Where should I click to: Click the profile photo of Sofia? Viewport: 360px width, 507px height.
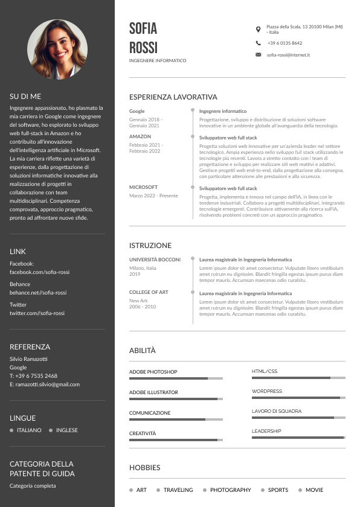tap(57, 49)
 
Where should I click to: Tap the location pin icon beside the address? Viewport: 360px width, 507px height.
tap(259, 29)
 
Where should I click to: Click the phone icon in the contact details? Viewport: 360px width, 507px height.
tap(259, 43)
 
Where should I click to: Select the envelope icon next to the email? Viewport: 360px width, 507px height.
tap(259, 55)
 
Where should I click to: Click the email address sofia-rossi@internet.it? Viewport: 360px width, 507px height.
tap(288, 55)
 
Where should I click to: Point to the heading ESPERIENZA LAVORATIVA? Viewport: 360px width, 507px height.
tap(173, 97)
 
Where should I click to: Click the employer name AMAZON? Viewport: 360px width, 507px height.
tap(140, 137)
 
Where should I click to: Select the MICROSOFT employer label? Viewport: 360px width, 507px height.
tap(143, 188)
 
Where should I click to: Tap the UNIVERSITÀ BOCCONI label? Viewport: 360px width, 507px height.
tap(155, 260)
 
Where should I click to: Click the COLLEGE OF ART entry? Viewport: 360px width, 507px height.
tap(148, 292)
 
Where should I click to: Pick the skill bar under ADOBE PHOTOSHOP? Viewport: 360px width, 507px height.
tap(176, 378)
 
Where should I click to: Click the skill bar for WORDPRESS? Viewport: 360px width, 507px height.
tap(298, 398)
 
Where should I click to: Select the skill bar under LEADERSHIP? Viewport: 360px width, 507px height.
tap(298, 438)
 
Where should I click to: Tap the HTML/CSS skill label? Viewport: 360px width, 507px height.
tap(265, 371)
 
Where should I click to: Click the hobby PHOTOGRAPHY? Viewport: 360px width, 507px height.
tap(230, 490)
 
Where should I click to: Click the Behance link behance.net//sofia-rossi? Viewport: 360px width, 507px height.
tap(38, 293)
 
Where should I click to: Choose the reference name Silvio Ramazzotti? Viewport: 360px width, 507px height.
tap(28, 359)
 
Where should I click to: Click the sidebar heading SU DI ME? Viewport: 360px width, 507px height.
tap(25, 96)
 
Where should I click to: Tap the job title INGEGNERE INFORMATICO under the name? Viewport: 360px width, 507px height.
tap(158, 61)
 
